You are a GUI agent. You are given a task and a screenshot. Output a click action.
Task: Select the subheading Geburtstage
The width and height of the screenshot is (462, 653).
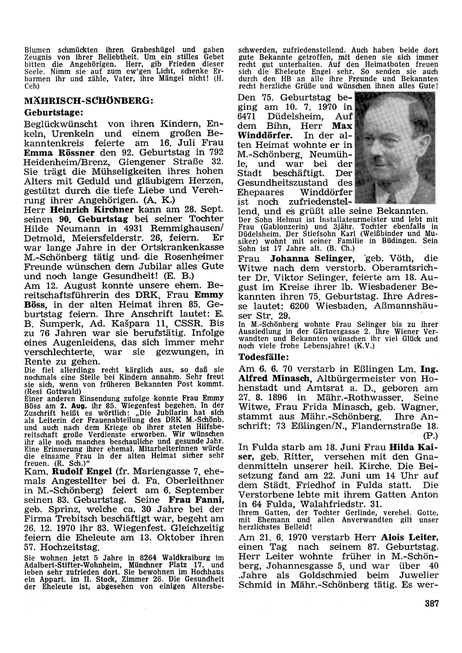pos(54,112)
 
